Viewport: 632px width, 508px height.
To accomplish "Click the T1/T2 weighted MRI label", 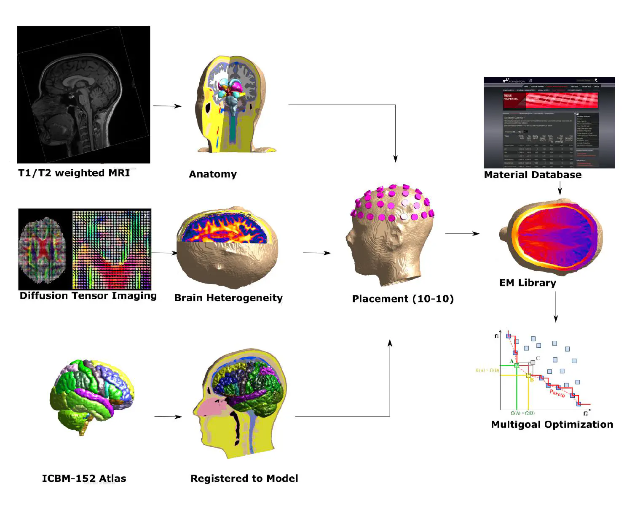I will pos(74,173).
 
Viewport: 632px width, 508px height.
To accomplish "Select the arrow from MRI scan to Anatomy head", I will pos(167,106).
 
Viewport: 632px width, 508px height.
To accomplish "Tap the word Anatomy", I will pos(213,174).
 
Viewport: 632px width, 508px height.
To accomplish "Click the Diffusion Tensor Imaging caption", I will pos(88,296).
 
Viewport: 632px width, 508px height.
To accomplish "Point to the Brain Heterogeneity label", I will pos(228,298).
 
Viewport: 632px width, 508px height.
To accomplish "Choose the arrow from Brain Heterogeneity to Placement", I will pos(316,253).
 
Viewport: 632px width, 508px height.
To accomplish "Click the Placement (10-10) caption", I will pos(403,299).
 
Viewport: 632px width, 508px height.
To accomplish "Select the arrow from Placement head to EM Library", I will pos(462,233).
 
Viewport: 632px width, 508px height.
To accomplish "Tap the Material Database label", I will pos(533,175).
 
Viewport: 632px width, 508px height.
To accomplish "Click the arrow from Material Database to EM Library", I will pos(560,188).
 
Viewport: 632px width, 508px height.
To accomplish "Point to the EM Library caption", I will pos(528,283).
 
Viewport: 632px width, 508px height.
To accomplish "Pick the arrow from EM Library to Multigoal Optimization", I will pos(556,307).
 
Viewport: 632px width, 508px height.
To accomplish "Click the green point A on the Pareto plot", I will pos(517,365).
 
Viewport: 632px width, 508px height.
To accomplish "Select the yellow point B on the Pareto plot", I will pos(528,375).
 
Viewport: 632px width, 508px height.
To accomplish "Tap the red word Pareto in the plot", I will pos(557,393).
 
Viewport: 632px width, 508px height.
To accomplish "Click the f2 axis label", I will pos(585,414).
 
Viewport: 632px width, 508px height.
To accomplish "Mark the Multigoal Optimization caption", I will pos(552,424).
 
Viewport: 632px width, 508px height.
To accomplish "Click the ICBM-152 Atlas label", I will pos(84,478).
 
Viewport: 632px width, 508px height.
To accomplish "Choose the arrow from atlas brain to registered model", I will pos(168,417).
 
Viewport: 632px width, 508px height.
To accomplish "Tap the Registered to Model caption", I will pos(244,478).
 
